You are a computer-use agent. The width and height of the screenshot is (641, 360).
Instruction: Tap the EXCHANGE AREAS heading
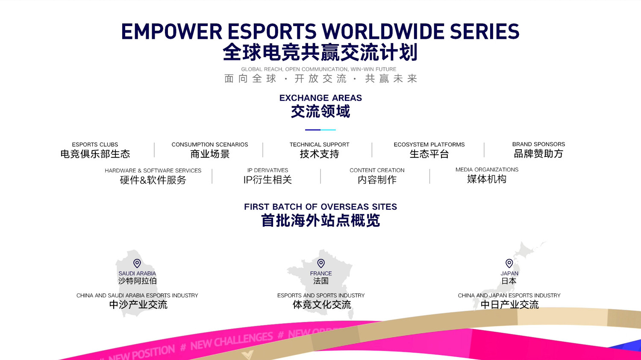pyautogui.click(x=320, y=98)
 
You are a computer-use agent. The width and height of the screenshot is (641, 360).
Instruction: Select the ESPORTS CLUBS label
pyautogui.click(x=95, y=145)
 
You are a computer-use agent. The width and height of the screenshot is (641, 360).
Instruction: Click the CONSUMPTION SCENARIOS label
pyautogui.click(x=209, y=145)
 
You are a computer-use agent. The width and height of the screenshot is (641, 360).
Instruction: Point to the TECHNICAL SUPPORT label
pyautogui.click(x=319, y=145)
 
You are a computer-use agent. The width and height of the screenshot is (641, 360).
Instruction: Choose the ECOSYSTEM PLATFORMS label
pyautogui.click(x=429, y=145)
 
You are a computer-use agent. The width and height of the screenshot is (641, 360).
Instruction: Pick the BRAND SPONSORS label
pyautogui.click(x=538, y=144)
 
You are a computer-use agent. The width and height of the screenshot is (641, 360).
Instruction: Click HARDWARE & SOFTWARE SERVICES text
pyautogui.click(x=153, y=171)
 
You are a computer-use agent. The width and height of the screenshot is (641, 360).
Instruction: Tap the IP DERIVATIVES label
pyautogui.click(x=268, y=170)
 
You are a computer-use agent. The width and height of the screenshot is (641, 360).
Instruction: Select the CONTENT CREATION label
pyautogui.click(x=377, y=170)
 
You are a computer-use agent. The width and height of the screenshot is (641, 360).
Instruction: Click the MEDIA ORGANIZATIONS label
pyautogui.click(x=487, y=170)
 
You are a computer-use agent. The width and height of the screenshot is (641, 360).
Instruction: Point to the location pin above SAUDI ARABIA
pyautogui.click(x=137, y=263)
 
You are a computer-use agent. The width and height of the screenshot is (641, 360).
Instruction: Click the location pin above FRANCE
pyautogui.click(x=321, y=263)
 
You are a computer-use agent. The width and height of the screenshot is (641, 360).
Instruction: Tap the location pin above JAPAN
pyautogui.click(x=509, y=263)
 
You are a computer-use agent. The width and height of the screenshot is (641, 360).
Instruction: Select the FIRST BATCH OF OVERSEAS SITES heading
pyautogui.click(x=320, y=207)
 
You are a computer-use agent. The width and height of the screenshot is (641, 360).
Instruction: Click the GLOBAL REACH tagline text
pyautogui.click(x=318, y=69)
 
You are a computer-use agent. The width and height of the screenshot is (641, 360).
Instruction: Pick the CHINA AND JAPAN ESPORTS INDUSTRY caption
pyautogui.click(x=509, y=295)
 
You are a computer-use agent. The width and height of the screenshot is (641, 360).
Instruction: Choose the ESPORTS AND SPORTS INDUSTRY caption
pyautogui.click(x=321, y=295)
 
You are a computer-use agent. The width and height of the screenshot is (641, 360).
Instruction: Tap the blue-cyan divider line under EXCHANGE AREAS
pyautogui.click(x=320, y=130)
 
